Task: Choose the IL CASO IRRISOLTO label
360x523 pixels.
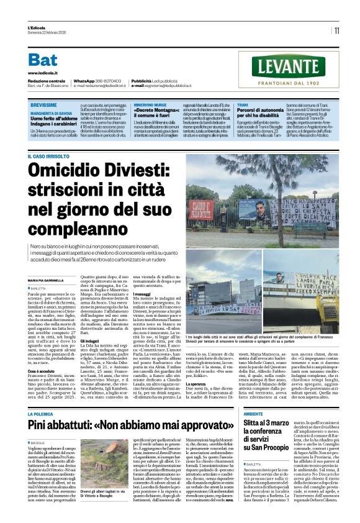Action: (x=48, y=156)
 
